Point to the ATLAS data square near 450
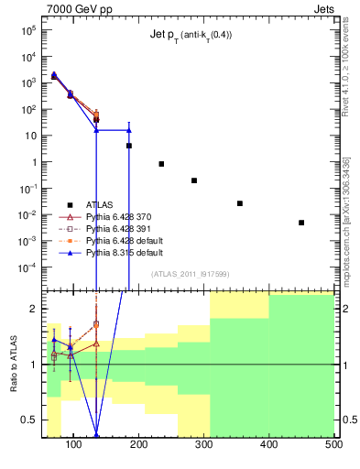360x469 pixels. (x=301, y=223)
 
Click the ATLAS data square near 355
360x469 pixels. (x=240, y=203)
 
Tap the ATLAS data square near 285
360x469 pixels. (x=194, y=180)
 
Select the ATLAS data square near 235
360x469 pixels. (x=161, y=164)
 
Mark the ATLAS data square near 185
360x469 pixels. (x=129, y=146)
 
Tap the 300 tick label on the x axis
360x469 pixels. (x=204, y=446)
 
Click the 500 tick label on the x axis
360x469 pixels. (x=333, y=446)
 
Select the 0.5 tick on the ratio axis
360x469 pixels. (x=30, y=420)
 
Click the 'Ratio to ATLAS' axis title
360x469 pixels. (x=12, y=364)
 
